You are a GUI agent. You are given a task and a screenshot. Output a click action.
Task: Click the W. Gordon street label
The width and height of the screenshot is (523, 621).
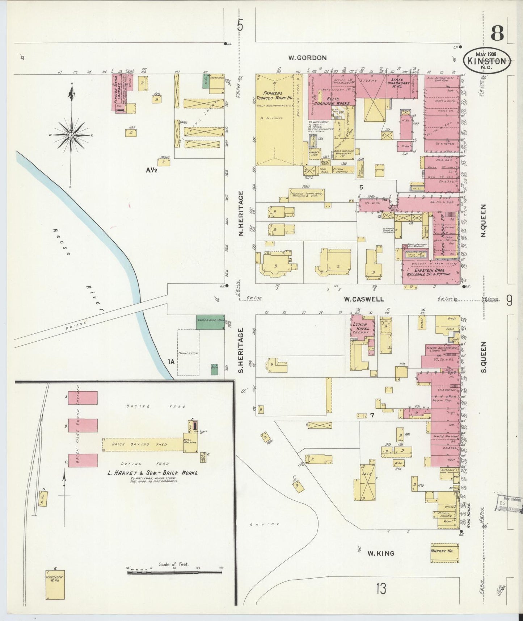(307, 58)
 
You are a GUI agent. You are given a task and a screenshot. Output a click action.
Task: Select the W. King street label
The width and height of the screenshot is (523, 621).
(380, 553)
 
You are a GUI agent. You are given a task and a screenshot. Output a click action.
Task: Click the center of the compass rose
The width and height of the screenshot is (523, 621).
(71, 135)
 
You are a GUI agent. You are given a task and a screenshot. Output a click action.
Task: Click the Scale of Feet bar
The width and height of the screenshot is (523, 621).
(174, 572)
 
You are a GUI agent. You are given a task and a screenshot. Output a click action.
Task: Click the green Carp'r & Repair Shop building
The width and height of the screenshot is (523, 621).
(210, 322)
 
